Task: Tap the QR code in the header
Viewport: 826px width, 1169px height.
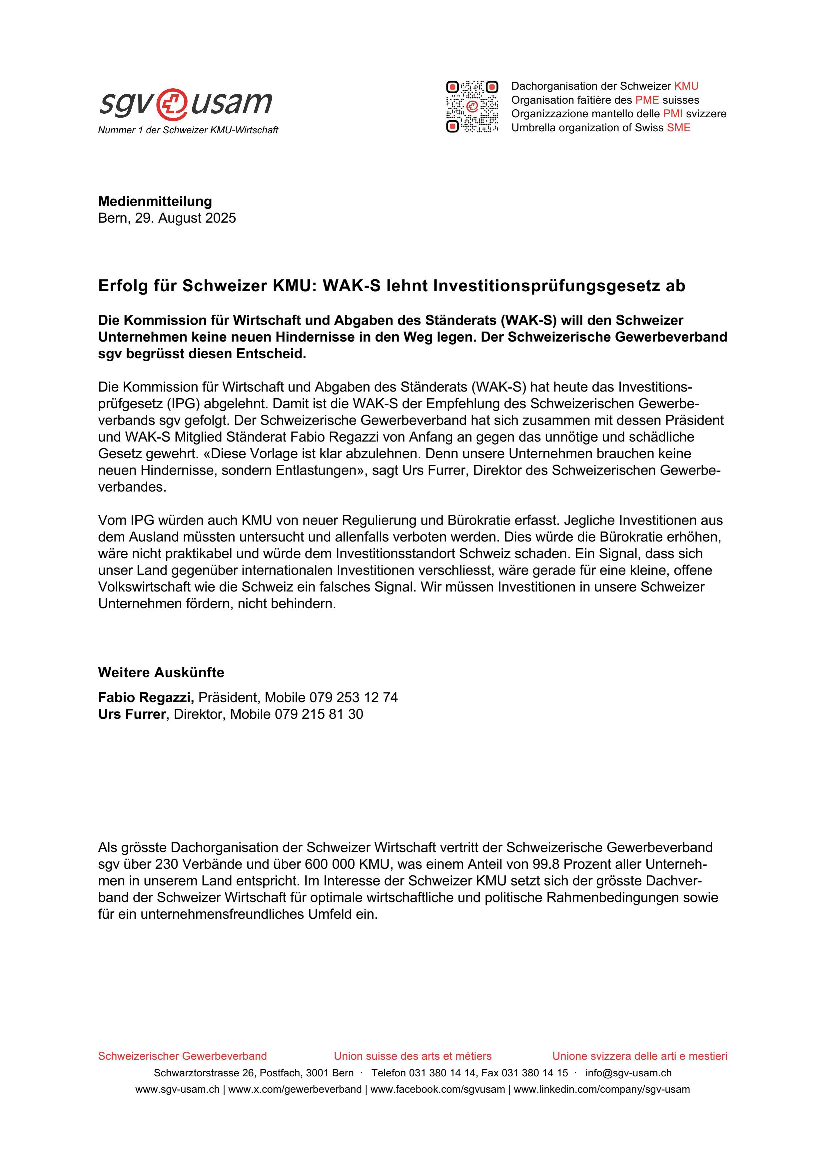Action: (472, 106)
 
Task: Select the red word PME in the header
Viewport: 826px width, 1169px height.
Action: (647, 100)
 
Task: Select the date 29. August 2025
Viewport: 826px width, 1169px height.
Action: (185, 218)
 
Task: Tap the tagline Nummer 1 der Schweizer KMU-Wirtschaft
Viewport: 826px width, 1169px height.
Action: (188, 130)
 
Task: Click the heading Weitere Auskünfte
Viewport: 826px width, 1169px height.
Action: (161, 672)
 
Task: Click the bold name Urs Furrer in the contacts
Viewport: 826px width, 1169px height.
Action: (131, 714)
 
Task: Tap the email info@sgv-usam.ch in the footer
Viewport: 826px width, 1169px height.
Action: (628, 1073)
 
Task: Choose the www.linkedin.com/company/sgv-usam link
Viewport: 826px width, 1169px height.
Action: (601, 1090)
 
